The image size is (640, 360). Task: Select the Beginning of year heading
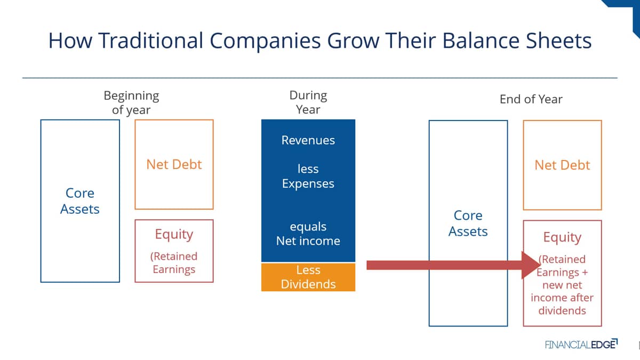131,102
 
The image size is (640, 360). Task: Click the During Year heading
308,102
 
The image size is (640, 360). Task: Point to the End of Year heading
531,99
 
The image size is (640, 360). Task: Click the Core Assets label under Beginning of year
79,201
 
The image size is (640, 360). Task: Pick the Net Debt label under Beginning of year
174,165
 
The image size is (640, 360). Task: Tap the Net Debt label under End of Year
562,165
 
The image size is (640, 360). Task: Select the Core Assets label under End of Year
468,223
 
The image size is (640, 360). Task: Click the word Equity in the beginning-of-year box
174,235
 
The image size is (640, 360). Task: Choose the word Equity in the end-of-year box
562,237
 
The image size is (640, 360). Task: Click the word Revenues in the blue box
308,140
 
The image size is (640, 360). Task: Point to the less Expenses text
308,176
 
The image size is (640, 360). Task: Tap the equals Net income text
308,234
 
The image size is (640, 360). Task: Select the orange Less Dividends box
308,277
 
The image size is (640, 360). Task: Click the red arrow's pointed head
539,265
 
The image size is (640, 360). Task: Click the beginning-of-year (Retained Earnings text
174,263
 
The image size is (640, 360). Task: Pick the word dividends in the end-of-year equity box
562,310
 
